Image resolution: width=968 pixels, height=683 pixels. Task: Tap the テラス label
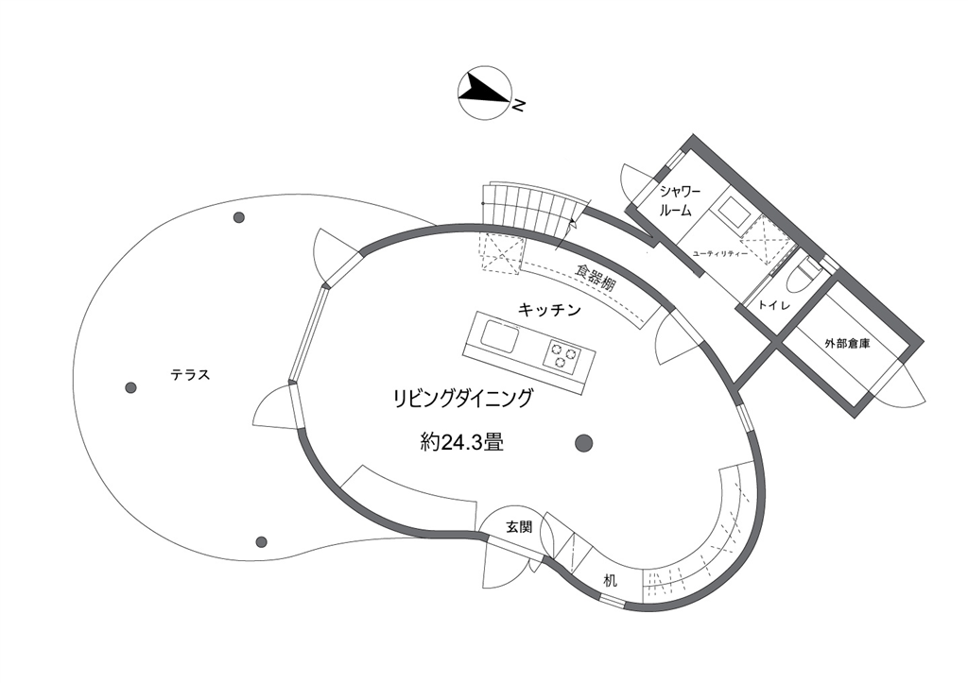190,375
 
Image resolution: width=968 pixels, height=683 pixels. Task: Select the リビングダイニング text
462,398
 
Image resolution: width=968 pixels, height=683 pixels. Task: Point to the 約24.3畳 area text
461,442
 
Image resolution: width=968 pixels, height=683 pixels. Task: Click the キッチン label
548,309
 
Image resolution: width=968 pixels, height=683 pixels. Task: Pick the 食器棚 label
596,276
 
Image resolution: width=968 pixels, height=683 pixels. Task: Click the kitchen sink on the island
499,335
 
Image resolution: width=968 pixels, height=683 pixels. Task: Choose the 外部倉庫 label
847,344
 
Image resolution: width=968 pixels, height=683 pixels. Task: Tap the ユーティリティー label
720,255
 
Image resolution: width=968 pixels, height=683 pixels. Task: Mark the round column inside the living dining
583,441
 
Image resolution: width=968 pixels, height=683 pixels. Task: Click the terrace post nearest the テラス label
130,387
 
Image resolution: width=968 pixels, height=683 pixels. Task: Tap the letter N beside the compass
519,105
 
